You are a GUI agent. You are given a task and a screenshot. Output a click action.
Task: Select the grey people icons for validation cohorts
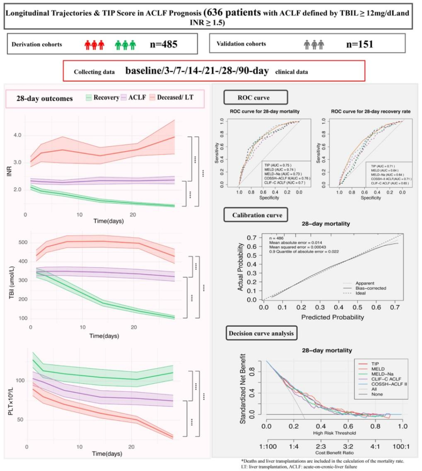click(x=314, y=44)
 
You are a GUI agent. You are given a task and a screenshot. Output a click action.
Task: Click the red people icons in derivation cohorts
click(x=94, y=44)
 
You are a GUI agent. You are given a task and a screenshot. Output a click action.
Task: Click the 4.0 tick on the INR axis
click(x=16, y=135)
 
